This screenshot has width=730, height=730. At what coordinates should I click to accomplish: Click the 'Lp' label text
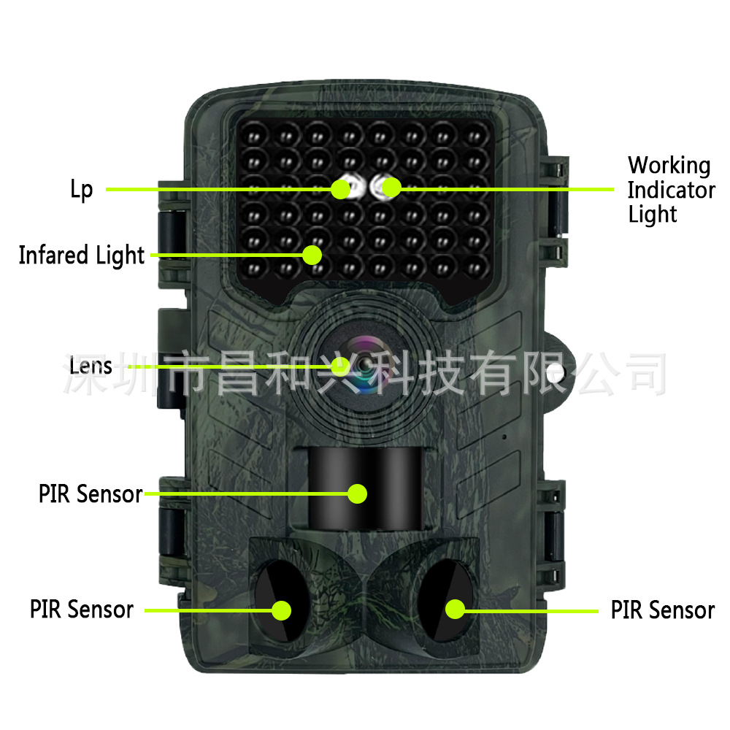click(82, 190)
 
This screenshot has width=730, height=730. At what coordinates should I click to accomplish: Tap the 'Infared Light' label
click(82, 255)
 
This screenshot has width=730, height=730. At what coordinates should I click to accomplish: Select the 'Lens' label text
click(91, 365)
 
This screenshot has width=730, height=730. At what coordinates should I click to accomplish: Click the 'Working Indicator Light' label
click(671, 190)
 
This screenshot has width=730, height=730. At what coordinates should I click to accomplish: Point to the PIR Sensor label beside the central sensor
click(91, 494)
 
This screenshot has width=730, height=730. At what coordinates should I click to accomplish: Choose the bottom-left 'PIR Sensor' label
click(82, 610)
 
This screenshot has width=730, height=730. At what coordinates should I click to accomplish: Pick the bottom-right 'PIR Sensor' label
click(662, 610)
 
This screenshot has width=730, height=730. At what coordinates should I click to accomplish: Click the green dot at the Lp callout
click(341, 189)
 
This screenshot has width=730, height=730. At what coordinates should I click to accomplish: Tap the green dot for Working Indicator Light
click(392, 188)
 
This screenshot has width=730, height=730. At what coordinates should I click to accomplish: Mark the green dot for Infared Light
click(312, 255)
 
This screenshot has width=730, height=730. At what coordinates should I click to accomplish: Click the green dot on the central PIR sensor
click(356, 494)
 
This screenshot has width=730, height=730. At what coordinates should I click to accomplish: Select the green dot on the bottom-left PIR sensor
click(282, 609)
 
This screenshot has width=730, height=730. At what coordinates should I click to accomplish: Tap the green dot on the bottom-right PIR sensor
click(456, 608)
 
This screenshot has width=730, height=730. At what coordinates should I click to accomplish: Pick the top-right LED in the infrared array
click(476, 137)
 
